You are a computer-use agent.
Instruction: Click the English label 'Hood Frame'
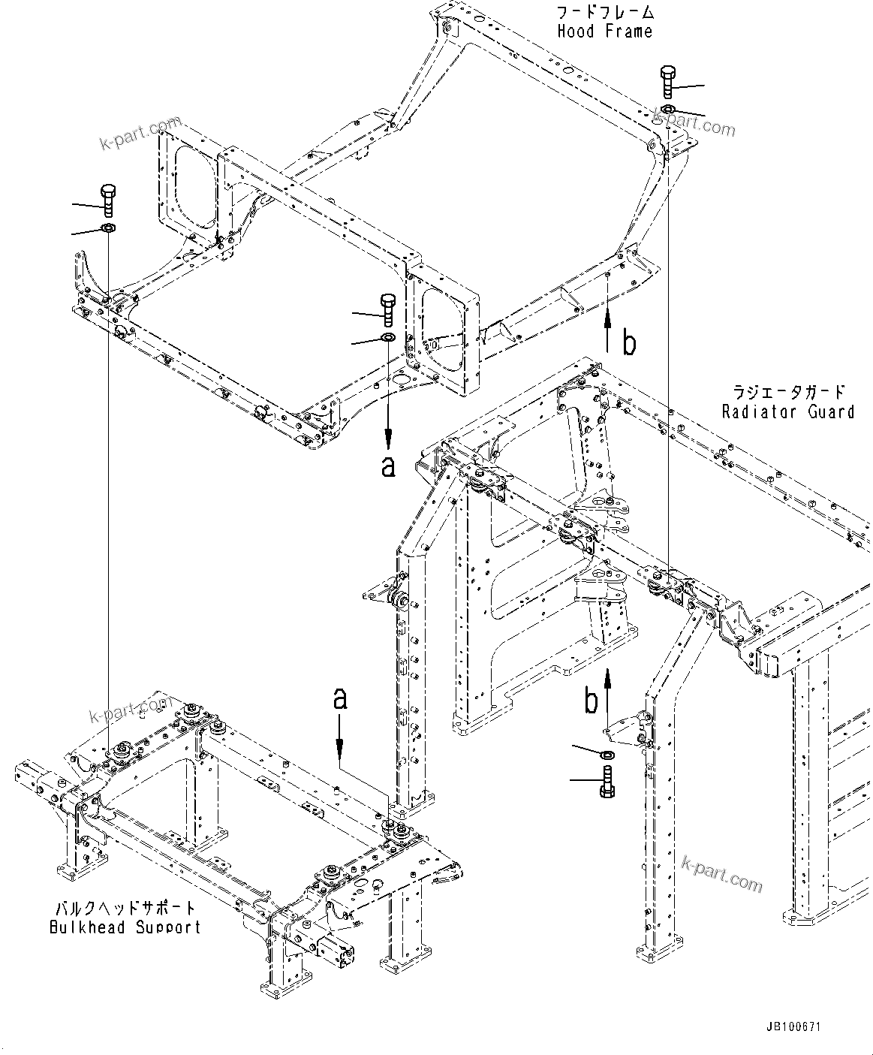pos(604,32)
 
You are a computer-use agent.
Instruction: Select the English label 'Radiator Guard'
pos(787,411)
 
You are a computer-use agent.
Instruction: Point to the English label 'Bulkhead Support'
pos(125,927)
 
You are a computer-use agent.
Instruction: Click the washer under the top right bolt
pos(668,110)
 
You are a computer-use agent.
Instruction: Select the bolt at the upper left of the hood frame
pos(106,200)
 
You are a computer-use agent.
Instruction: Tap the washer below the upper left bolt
pos(107,228)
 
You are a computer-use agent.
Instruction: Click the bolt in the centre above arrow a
pos(388,309)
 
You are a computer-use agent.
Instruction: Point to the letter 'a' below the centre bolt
pos(388,466)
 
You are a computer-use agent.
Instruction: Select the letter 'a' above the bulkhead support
pos(340,699)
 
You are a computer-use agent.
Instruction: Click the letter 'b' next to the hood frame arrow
pos(629,342)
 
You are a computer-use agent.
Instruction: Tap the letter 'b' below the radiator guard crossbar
pos(592,701)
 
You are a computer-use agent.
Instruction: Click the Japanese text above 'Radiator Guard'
pos(788,392)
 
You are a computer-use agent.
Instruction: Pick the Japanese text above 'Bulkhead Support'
pos(124,908)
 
